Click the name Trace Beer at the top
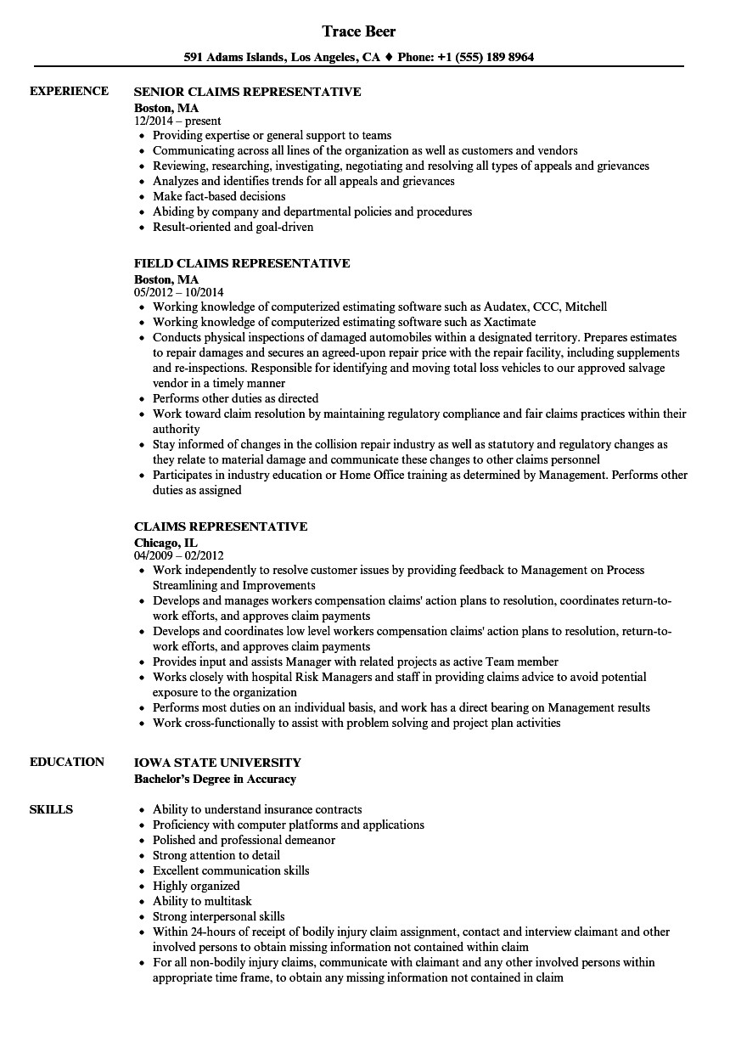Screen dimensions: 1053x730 (x=359, y=31)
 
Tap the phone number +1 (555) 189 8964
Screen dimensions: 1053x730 (x=486, y=58)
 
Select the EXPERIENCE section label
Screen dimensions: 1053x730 (x=69, y=91)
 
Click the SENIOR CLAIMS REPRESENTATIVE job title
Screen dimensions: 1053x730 (x=248, y=92)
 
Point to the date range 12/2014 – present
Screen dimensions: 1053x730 (x=177, y=121)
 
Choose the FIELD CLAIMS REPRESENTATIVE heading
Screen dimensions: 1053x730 (x=242, y=263)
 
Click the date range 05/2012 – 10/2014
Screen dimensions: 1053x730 (x=184, y=292)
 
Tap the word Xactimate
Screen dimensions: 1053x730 (x=509, y=322)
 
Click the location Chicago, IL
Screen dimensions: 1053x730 (x=166, y=541)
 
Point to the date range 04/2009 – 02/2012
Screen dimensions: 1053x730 (x=184, y=555)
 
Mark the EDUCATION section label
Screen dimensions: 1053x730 (x=67, y=762)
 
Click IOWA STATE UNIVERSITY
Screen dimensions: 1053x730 (x=217, y=763)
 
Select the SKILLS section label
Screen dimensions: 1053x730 (x=51, y=809)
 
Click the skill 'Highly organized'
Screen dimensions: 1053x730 (x=196, y=886)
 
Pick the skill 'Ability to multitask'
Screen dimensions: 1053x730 (x=202, y=901)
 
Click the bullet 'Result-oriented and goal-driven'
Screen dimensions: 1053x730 (x=233, y=227)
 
